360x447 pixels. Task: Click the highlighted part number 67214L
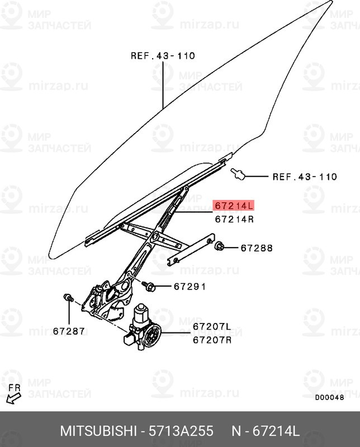234,205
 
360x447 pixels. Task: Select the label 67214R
234,219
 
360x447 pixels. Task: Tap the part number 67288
257,248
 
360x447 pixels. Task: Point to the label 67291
190,286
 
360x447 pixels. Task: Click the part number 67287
69,331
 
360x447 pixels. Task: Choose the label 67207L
212,326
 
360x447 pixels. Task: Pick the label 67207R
212,340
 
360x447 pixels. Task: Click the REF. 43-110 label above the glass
163,55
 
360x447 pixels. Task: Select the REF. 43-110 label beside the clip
305,177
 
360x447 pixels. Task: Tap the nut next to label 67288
219,246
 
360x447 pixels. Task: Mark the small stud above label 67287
68,298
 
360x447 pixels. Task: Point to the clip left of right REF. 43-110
238,174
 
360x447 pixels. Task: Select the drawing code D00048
329,397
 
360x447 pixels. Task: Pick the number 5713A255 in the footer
181,431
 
